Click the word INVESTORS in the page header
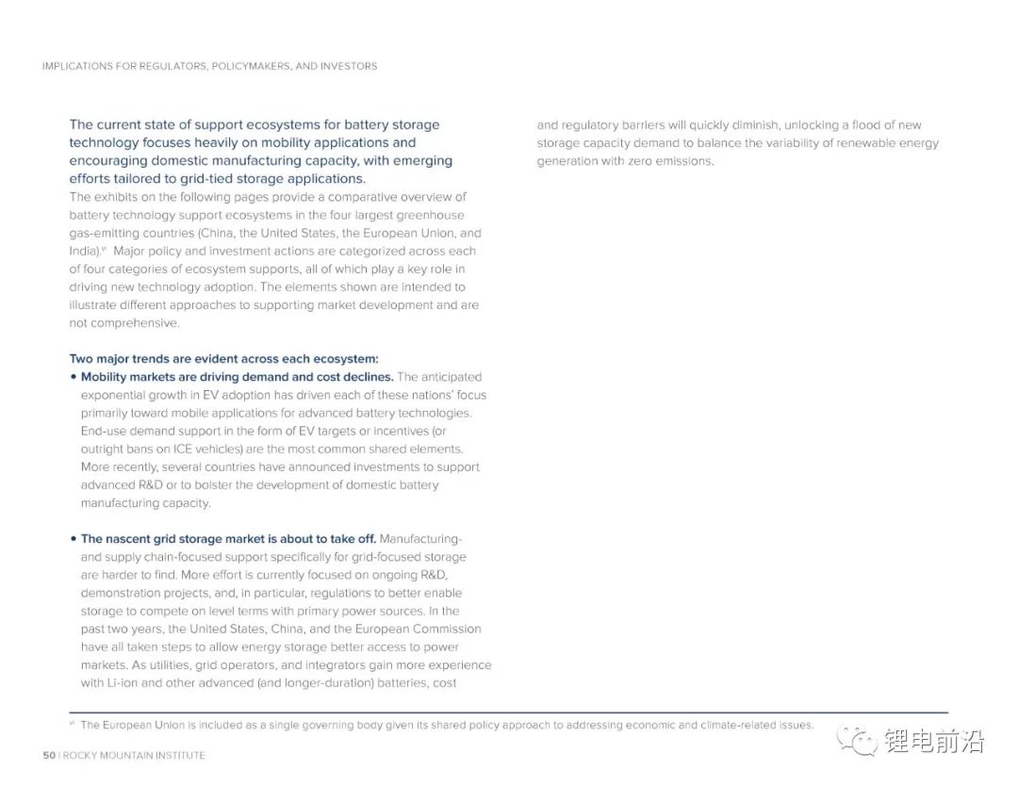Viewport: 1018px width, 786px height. click(348, 66)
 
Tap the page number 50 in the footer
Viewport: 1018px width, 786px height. click(49, 755)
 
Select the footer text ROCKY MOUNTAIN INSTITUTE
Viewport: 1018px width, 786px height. click(134, 755)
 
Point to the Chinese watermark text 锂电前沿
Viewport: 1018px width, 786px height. click(933, 742)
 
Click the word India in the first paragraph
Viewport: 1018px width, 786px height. click(83, 251)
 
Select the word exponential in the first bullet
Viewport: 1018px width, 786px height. click(114, 395)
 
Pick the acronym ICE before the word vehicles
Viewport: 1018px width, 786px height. click(183, 449)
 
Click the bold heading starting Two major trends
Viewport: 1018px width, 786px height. click(223, 358)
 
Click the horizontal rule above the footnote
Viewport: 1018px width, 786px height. click(509, 712)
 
